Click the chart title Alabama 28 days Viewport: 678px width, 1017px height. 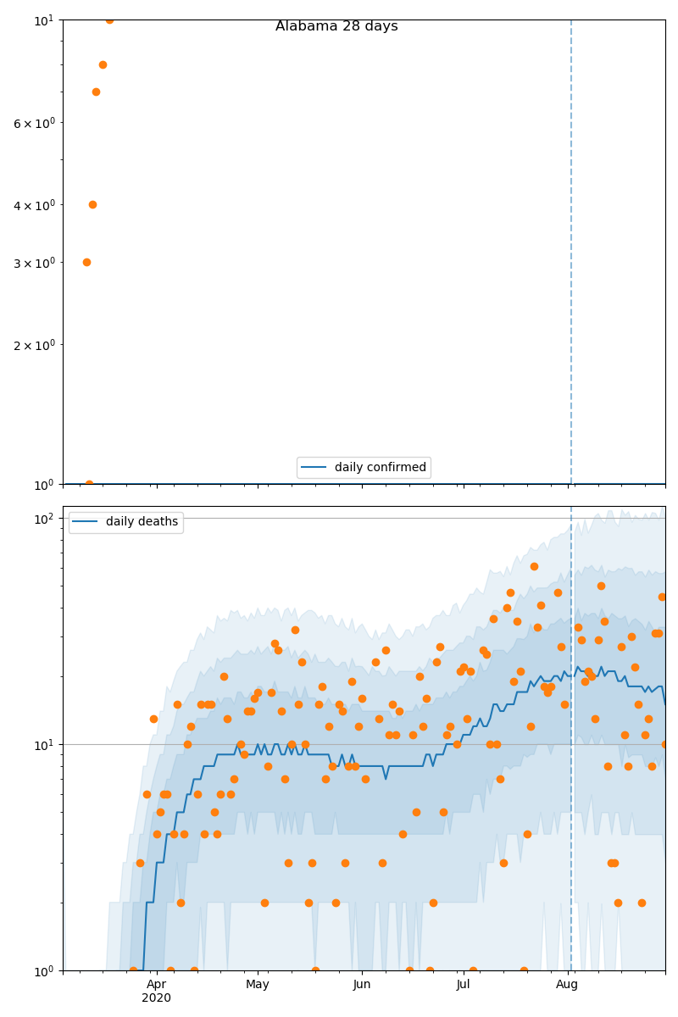coord(336,26)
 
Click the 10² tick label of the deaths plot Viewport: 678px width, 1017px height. coord(44,519)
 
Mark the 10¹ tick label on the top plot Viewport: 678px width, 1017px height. coord(44,19)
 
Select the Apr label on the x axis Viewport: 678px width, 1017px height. coord(157,985)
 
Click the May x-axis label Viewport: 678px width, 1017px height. coord(258,985)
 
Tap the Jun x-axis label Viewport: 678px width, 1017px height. coord(362,985)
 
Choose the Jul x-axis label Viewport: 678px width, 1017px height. coord(463,985)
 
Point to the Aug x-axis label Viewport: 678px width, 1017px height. coord(567,985)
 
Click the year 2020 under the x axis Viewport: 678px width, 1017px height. coord(157,998)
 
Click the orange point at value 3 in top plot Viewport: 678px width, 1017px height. coord(86,262)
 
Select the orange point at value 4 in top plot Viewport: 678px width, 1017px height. coord(92,204)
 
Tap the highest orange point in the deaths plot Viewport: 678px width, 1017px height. coord(534,566)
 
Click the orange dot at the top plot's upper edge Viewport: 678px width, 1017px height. coord(109,19)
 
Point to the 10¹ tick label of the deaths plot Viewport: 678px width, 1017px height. coord(44,745)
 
